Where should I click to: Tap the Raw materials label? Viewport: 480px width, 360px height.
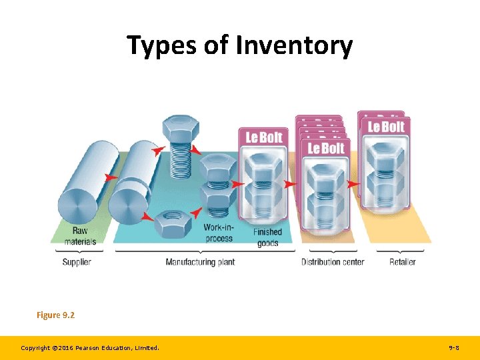tap(80, 236)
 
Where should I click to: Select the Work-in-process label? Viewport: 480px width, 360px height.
tap(218, 233)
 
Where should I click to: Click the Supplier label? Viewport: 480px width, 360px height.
tap(77, 262)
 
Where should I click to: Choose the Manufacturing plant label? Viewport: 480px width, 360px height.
tap(200, 262)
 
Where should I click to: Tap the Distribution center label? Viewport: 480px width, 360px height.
tap(333, 262)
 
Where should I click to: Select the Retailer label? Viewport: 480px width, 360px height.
tap(403, 262)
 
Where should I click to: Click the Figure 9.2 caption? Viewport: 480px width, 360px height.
tap(55, 315)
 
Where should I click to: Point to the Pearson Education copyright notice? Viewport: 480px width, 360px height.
tap(90, 348)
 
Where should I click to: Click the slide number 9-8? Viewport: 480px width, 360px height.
tap(453, 348)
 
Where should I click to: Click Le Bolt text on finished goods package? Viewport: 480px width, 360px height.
tap(264, 137)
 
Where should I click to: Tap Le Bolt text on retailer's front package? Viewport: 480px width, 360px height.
tap(386, 127)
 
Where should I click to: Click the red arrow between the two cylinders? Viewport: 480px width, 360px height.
tap(111, 177)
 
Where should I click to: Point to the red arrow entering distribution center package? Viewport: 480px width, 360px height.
tap(290, 183)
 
